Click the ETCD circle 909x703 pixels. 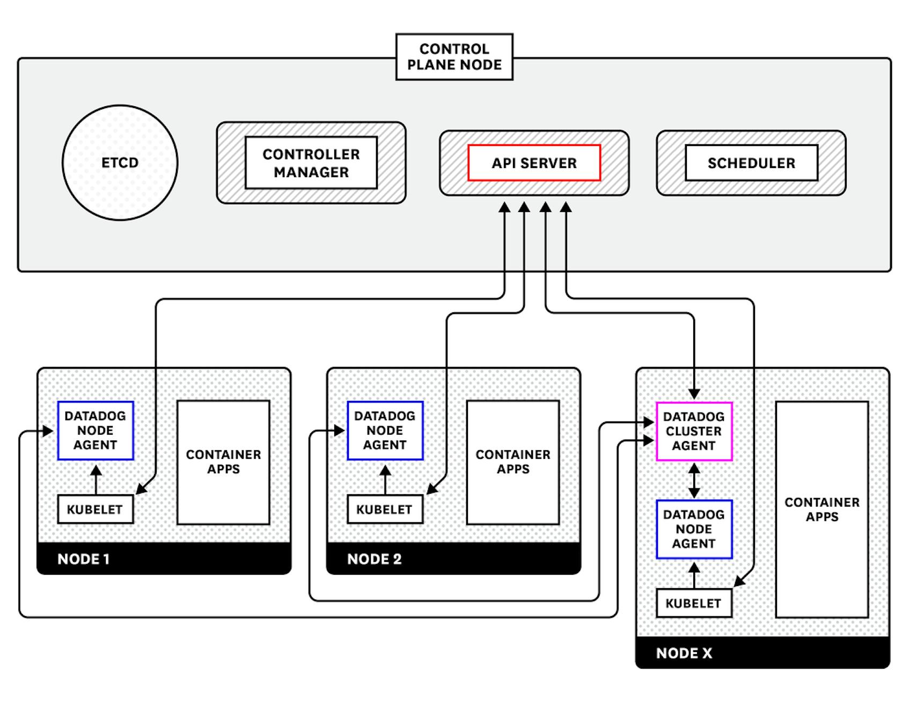(x=120, y=163)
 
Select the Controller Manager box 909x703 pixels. (x=311, y=163)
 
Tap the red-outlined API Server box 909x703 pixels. (x=534, y=163)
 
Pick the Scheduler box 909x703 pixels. (x=751, y=163)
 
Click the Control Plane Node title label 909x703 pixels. (x=454, y=57)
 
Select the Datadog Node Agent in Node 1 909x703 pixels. (x=96, y=430)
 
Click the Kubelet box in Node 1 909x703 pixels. (x=95, y=509)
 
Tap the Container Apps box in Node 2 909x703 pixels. (x=513, y=462)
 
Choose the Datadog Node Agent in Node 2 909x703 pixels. (x=385, y=430)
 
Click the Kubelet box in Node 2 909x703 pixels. (x=385, y=509)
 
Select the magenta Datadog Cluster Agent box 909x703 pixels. (x=694, y=431)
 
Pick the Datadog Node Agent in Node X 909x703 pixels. (x=694, y=529)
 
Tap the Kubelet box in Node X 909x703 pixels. (x=693, y=603)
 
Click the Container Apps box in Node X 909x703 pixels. (x=822, y=509)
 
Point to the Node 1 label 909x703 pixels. (x=84, y=559)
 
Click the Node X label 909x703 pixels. (x=684, y=653)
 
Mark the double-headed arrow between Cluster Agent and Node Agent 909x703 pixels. (x=694, y=480)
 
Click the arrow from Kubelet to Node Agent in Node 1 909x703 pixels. (x=96, y=479)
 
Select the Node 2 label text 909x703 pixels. (x=374, y=559)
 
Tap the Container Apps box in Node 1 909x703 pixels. (x=223, y=462)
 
